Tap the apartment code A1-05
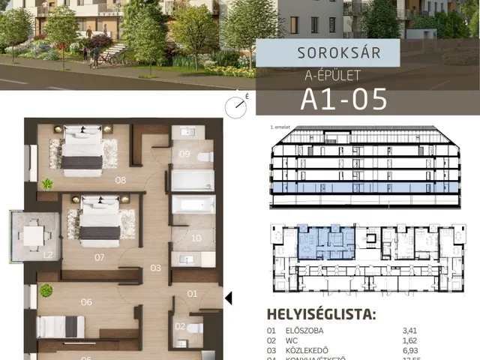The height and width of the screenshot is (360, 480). click(343, 98)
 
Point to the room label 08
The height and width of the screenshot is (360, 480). click(120, 180)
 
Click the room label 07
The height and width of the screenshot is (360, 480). click(99, 256)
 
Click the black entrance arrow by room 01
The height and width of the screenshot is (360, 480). click(229, 298)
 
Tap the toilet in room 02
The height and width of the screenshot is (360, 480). click(194, 328)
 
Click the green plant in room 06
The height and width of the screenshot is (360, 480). click(46, 290)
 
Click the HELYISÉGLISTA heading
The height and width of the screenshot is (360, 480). click(322, 313)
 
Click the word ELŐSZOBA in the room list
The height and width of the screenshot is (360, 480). click(303, 329)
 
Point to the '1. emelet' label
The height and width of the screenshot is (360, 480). click(280, 127)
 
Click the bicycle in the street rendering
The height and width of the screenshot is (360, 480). click(113, 55)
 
